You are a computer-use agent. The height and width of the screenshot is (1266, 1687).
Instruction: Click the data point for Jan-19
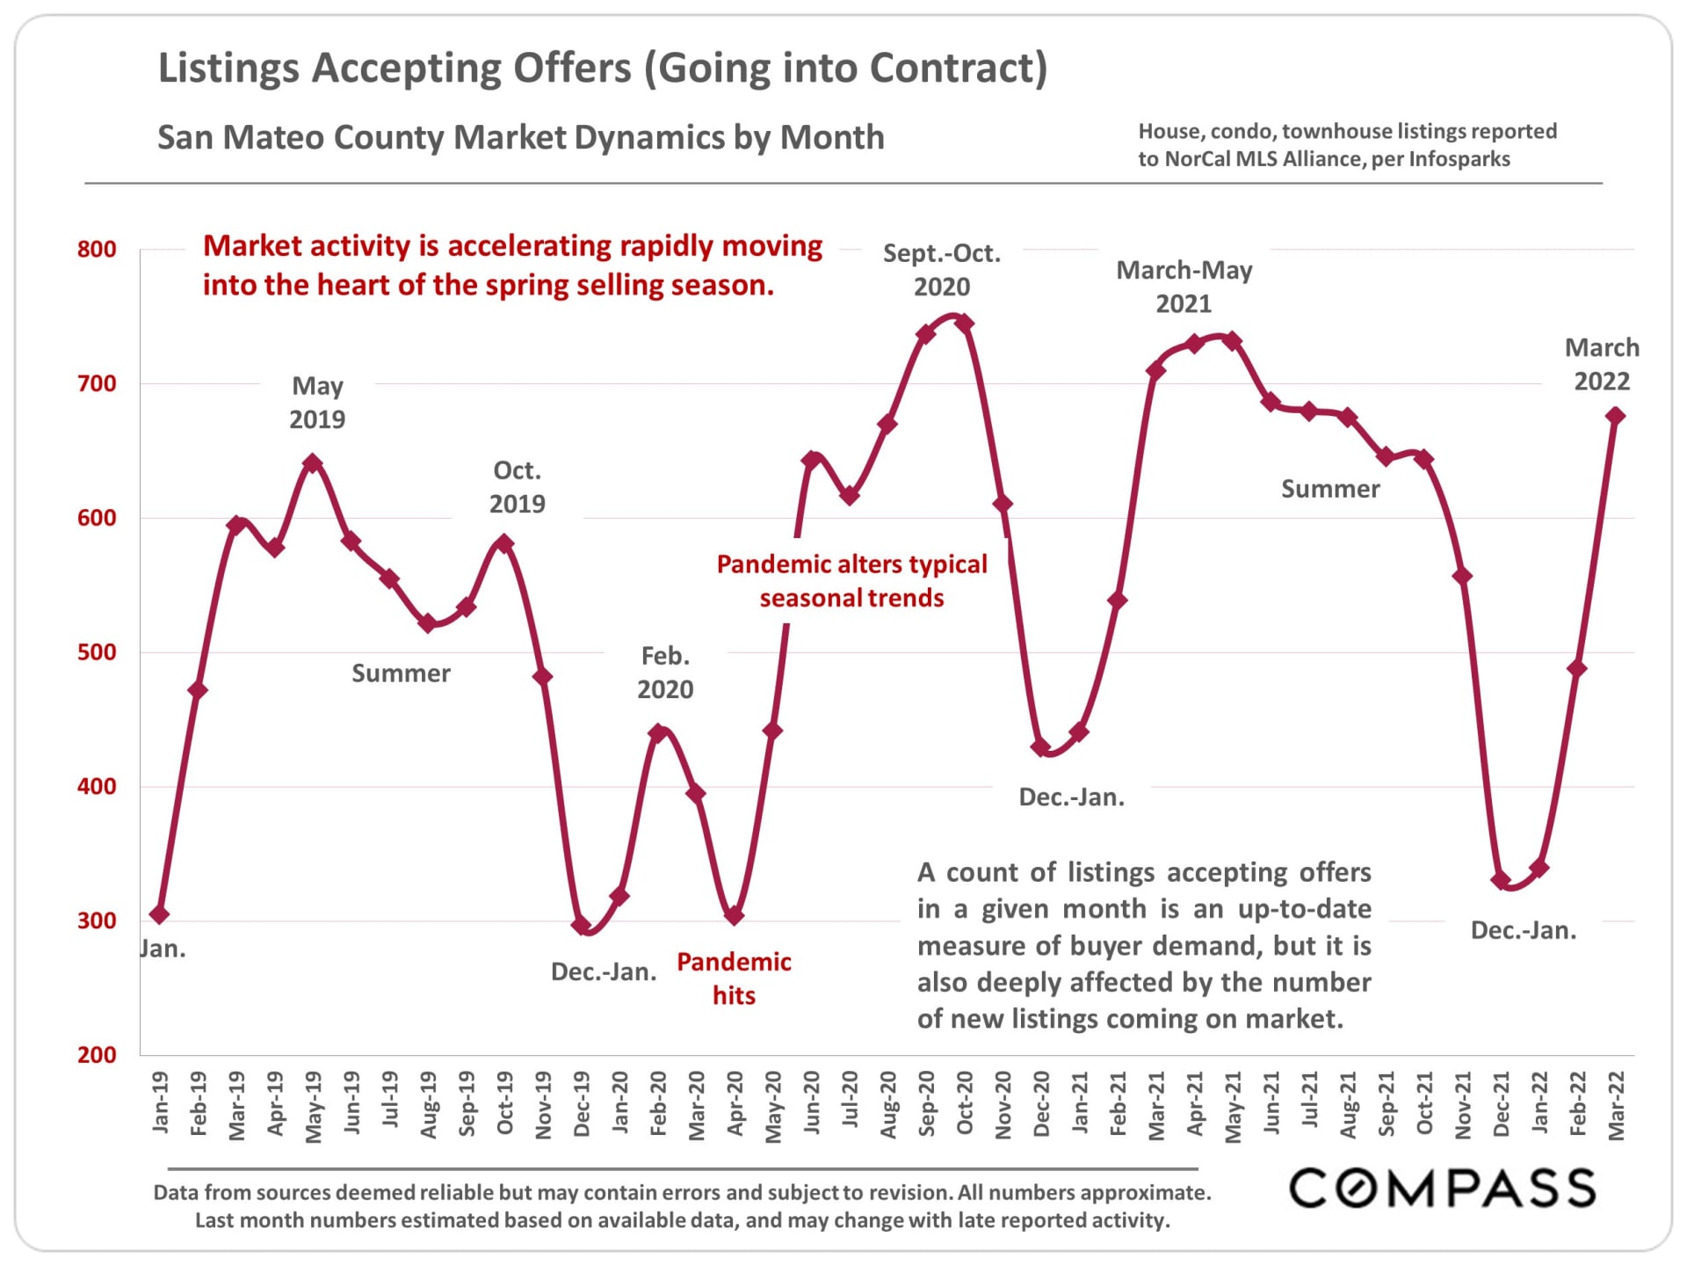159,914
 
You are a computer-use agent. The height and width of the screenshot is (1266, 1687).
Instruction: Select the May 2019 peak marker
313,463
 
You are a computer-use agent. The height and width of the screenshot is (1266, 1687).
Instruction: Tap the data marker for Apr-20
735,915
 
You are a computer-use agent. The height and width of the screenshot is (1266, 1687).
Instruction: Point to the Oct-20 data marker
964,324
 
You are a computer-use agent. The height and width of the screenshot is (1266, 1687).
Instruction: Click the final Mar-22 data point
1615,416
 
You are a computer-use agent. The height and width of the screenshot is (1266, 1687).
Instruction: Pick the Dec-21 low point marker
1501,879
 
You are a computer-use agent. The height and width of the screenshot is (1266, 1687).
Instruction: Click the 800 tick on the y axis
97,250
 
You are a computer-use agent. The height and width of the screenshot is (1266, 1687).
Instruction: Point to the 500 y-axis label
97,652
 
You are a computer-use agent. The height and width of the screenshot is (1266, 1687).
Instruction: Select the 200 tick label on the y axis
97,1055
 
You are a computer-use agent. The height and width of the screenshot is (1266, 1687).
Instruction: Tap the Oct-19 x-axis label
505,1103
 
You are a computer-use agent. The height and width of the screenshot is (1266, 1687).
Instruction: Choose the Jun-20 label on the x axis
812,1103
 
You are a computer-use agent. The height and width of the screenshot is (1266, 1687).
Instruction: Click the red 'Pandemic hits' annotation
734,979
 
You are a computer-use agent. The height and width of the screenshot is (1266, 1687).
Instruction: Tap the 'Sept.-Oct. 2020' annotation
942,270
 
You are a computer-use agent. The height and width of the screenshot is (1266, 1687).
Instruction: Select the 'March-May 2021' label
1184,287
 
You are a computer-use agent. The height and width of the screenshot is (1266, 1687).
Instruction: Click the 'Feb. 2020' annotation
665,673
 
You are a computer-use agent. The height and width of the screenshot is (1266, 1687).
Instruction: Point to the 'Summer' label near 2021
1330,489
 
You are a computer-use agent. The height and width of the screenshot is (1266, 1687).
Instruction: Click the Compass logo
1442,1189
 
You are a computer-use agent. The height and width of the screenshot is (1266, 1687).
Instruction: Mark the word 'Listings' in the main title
229,69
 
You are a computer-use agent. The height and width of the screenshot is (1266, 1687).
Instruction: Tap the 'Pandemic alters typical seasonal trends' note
851,580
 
